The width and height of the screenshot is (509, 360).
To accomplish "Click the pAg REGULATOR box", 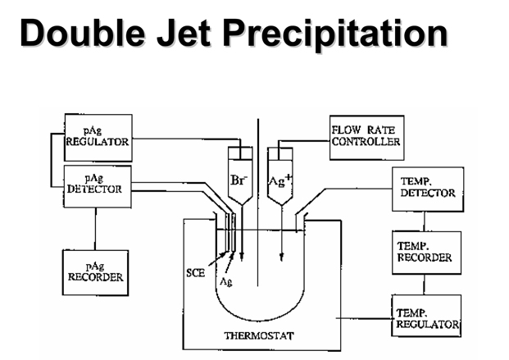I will [x=98, y=137].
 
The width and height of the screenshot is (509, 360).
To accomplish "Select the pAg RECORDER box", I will [x=95, y=271].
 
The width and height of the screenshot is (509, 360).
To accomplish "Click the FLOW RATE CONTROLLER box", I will [x=366, y=136].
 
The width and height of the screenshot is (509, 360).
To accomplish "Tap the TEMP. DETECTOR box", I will [x=424, y=188].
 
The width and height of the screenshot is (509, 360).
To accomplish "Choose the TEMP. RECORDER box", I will [x=424, y=251].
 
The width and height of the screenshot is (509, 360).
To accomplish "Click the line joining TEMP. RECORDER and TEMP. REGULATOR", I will [x=424, y=285].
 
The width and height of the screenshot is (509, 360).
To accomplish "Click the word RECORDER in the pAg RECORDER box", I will [x=95, y=277].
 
